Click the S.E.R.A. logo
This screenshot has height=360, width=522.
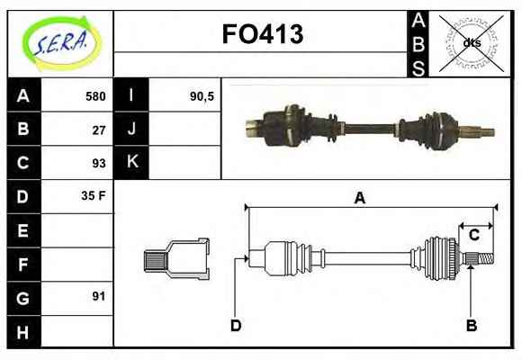[x=61, y=43]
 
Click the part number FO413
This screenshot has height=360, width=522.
[x=263, y=34]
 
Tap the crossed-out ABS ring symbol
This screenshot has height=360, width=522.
[x=471, y=43]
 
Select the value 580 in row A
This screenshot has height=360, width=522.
[x=95, y=96]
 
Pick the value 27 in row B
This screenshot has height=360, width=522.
[x=99, y=130]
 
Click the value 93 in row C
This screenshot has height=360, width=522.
[x=99, y=163]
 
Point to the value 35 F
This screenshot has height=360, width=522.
[x=94, y=195]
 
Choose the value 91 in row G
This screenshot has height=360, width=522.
[x=99, y=296]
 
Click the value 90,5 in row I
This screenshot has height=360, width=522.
[x=202, y=96]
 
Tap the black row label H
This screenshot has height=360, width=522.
[x=23, y=332]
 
